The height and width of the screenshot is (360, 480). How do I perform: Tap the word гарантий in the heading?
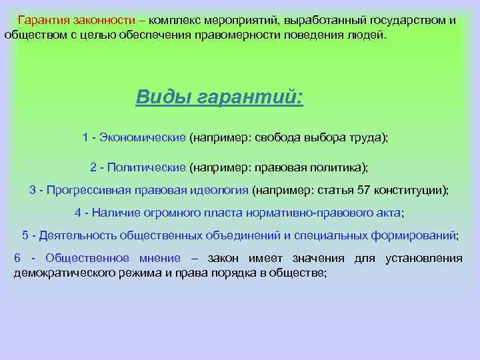pos(251,97)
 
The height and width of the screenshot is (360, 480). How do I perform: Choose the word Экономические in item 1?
pos(143,137)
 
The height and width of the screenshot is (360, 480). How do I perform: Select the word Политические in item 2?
pos(146,166)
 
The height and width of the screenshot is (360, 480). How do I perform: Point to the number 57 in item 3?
pos(363,189)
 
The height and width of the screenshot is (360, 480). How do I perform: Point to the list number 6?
pos(17,259)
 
